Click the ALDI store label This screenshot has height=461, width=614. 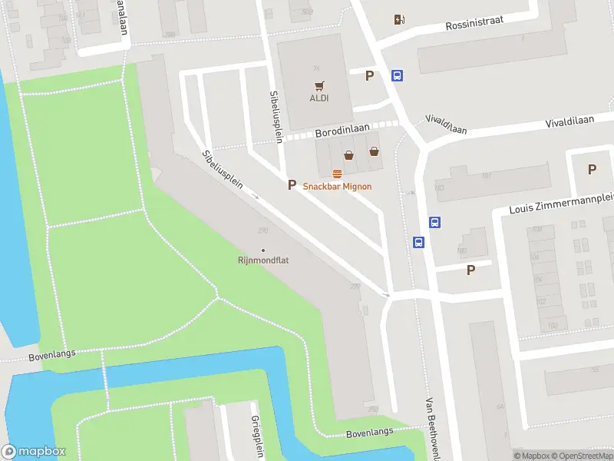coord(319,98)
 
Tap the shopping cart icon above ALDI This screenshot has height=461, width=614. coord(319,85)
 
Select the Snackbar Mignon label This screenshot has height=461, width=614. coord(337,186)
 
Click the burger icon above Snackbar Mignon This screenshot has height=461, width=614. coord(337,173)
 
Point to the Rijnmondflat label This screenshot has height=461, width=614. coord(262,260)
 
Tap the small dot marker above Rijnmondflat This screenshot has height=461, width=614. coord(263,250)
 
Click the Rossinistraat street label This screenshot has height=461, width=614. coord(474,23)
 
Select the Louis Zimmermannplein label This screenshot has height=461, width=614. coord(561,204)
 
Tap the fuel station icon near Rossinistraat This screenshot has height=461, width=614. coord(398,20)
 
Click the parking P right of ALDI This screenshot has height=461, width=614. coord(370,75)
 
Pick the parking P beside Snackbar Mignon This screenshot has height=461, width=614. coord(291,184)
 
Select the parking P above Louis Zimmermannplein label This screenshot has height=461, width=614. coord(592,170)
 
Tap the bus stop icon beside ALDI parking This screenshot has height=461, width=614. coord(398,75)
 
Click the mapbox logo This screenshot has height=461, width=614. coord(34,451)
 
